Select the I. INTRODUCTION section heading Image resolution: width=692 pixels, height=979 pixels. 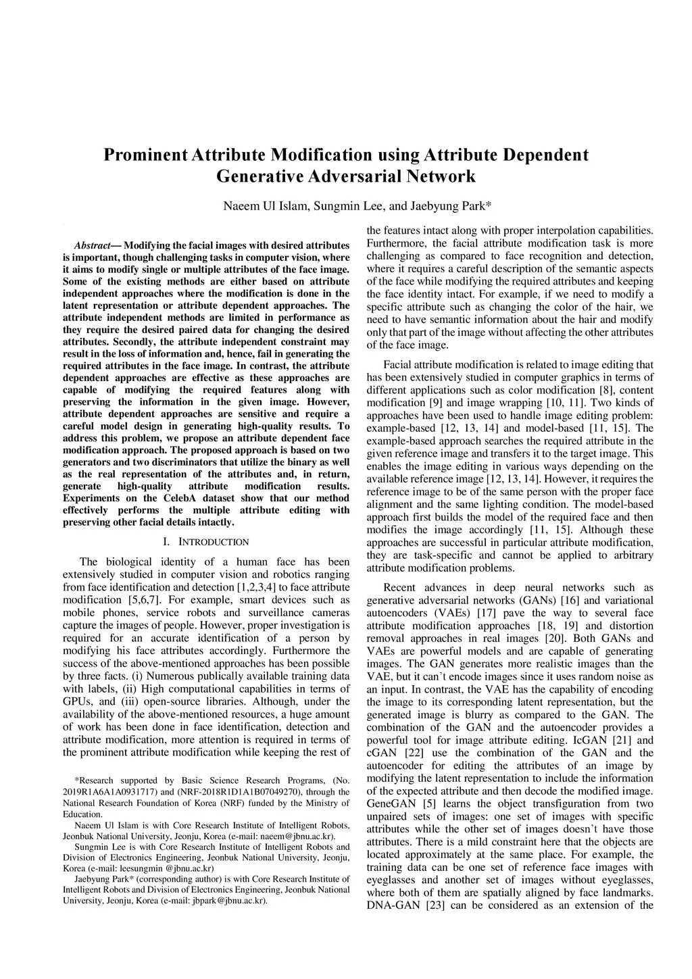[206, 542]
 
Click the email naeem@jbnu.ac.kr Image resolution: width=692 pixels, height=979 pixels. [299, 836]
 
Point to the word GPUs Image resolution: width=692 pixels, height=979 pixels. [76, 701]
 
